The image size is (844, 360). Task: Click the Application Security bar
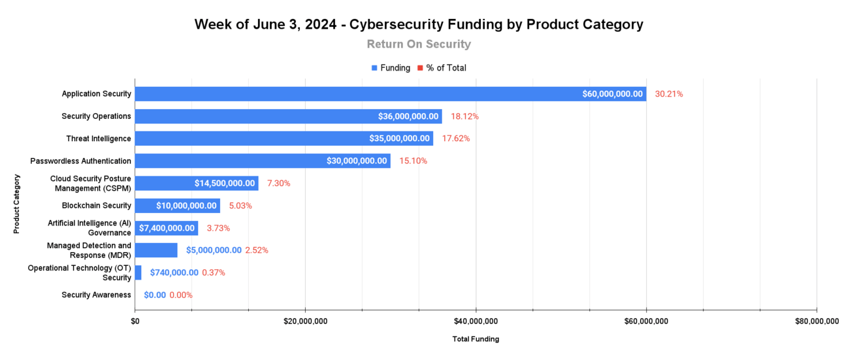390,94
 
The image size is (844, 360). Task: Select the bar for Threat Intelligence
284,139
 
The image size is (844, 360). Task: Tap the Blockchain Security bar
177,206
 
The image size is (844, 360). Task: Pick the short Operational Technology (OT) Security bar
138,272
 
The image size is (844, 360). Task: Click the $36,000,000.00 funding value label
408,116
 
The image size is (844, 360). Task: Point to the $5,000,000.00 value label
214,250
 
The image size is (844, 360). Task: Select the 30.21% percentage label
669,94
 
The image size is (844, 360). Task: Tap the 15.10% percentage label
413,161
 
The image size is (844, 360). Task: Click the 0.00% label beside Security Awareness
181,295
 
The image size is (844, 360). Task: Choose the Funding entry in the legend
391,68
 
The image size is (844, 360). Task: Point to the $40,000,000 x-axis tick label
476,321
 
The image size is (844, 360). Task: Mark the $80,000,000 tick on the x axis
817,321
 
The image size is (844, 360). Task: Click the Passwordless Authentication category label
80,161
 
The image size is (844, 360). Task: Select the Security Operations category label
96,116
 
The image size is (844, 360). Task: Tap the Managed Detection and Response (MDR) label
89,250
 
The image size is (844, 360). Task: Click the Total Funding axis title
476,339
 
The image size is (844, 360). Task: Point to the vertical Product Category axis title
17,204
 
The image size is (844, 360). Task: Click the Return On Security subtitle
419,44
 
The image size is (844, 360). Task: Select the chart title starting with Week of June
419,25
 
